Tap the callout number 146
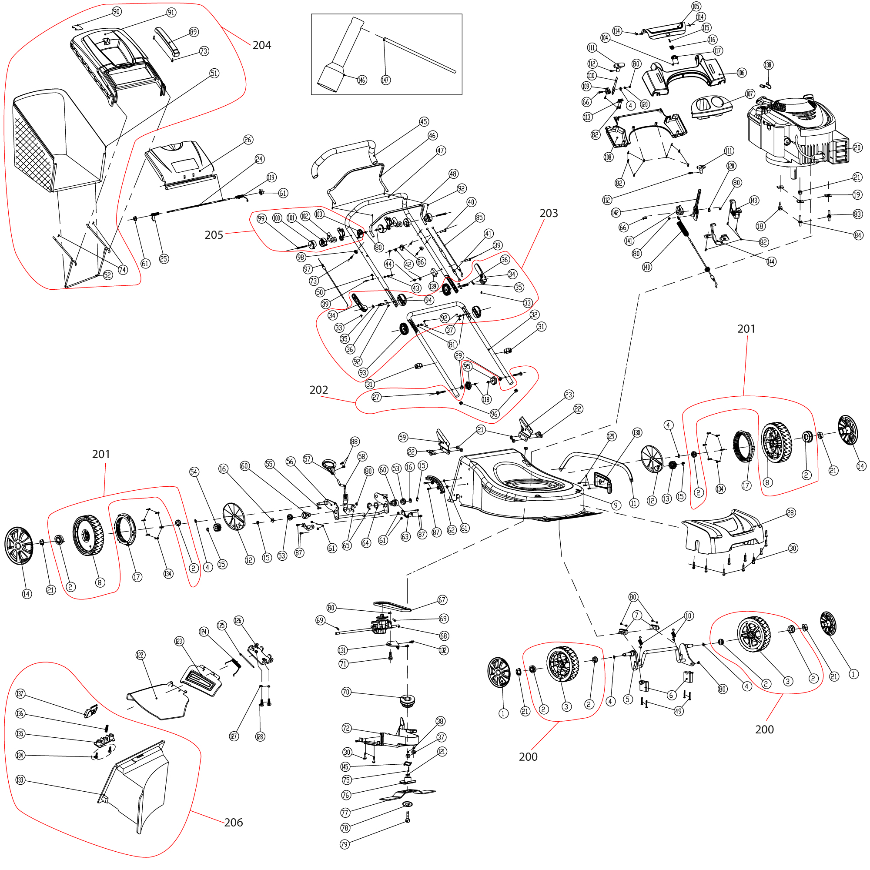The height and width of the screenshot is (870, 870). point(361,80)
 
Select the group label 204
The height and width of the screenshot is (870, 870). point(261,45)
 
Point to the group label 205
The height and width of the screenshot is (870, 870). point(214,234)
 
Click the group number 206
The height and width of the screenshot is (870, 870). point(233,822)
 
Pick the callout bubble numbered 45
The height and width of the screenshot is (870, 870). point(424,122)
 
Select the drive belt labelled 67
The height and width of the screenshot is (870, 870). point(392,605)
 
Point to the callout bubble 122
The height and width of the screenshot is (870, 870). point(140,655)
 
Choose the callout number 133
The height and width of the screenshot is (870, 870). point(20,780)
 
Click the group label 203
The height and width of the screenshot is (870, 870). point(549,213)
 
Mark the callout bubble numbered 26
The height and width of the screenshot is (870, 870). point(248,140)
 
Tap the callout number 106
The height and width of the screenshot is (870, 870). point(741,73)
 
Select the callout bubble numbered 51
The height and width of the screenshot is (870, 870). point(214,73)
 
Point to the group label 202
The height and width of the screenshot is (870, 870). point(318,389)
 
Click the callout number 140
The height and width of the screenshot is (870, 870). point(647,267)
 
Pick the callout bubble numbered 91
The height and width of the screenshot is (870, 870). point(171,12)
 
